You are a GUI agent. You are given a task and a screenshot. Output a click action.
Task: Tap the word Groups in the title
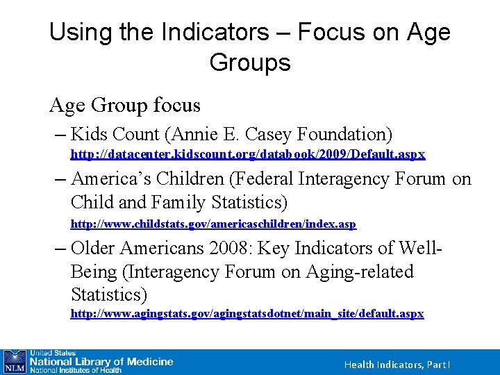[x=249, y=62]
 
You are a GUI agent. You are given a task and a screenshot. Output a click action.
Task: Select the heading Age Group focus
[x=125, y=106]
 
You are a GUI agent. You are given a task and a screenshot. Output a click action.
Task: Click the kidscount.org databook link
[x=248, y=153]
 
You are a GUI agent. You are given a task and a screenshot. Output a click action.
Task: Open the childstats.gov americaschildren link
[x=213, y=224]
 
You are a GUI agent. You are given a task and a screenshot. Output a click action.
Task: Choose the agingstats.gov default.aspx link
[x=247, y=314]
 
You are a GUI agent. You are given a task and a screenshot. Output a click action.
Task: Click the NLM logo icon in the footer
[x=14, y=362]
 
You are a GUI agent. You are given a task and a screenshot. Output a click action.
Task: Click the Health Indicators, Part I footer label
[x=397, y=365]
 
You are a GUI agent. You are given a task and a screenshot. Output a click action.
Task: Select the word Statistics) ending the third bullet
[x=109, y=294]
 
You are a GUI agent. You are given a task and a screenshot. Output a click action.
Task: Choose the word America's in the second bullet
[x=111, y=179]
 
